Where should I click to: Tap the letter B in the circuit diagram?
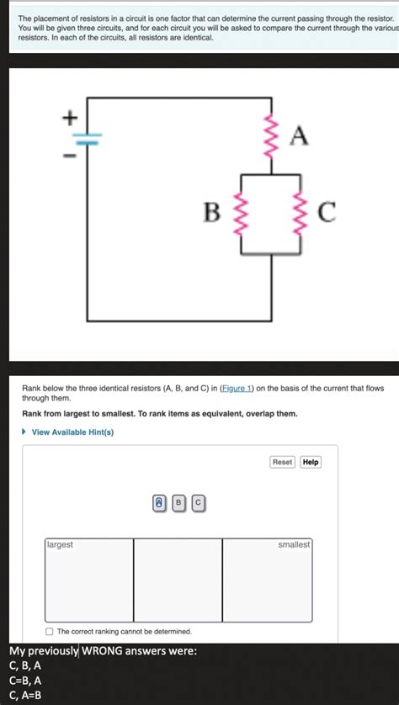(213, 214)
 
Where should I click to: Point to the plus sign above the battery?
(72, 119)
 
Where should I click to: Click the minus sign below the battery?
(72, 156)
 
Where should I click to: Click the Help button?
(311, 462)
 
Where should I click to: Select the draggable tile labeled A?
(158, 503)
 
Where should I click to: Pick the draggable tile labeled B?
(178, 503)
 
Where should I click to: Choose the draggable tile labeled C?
(198, 503)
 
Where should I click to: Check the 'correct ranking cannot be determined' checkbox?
(50, 631)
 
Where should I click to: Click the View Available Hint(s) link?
(72, 432)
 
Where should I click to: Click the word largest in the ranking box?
(60, 545)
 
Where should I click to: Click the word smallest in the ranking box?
(294, 545)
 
